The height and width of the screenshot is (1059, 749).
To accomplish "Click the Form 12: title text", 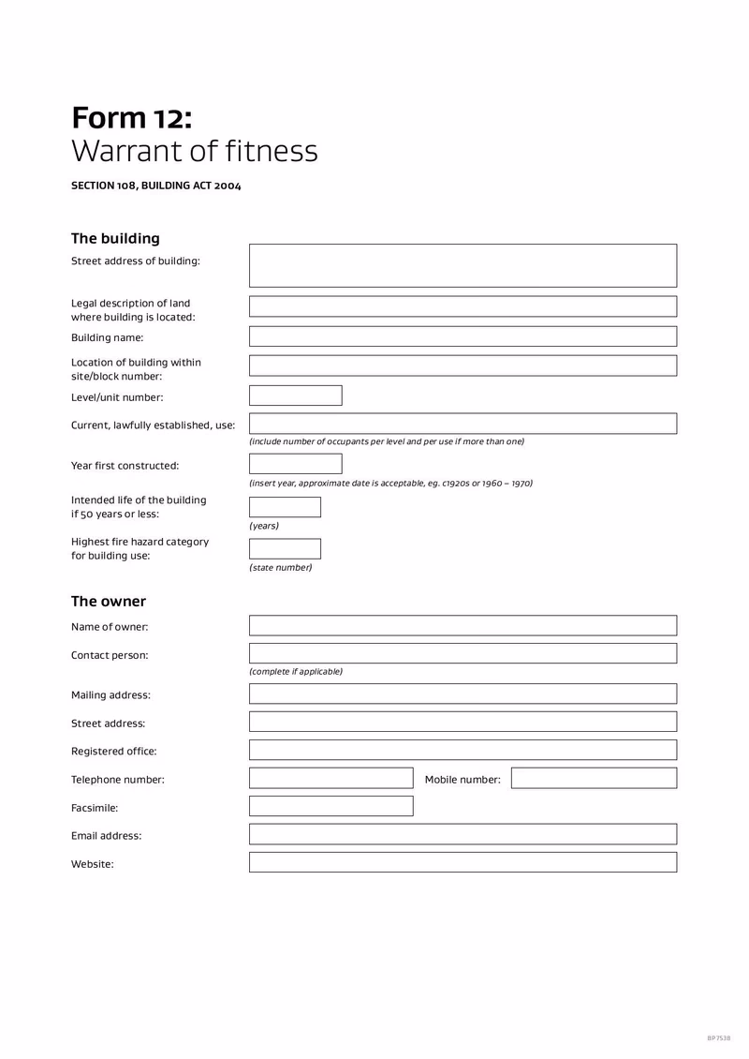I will point(132,119).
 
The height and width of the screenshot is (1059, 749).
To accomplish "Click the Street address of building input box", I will point(463,265).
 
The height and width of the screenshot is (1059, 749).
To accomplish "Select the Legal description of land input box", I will point(463,306).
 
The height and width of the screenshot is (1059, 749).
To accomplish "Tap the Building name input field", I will point(463,336).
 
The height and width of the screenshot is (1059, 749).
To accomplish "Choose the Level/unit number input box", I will point(295,395).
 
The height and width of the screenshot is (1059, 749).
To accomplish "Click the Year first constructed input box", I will point(295,464).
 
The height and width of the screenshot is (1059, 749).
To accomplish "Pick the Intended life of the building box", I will point(285,507).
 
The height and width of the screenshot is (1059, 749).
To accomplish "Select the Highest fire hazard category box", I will point(285,549).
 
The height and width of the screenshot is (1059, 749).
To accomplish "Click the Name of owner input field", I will point(463,626).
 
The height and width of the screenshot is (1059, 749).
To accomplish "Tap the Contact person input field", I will point(463,654).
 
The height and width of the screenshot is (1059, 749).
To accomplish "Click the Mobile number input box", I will point(594,778).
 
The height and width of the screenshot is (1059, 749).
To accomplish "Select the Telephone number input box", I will point(330,778).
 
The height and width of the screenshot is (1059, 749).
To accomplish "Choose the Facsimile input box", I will point(330,806).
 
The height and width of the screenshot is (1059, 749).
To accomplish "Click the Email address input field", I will point(463,834).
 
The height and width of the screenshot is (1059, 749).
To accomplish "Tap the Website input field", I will point(463,862).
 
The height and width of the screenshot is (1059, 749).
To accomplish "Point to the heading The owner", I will point(109,602).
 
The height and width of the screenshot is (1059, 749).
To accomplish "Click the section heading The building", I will point(115,239).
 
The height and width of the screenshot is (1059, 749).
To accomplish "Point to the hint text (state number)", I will point(280,568).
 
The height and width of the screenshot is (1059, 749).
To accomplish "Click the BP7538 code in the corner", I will point(718,1037).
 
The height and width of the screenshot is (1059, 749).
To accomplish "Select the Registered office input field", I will point(463,750).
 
